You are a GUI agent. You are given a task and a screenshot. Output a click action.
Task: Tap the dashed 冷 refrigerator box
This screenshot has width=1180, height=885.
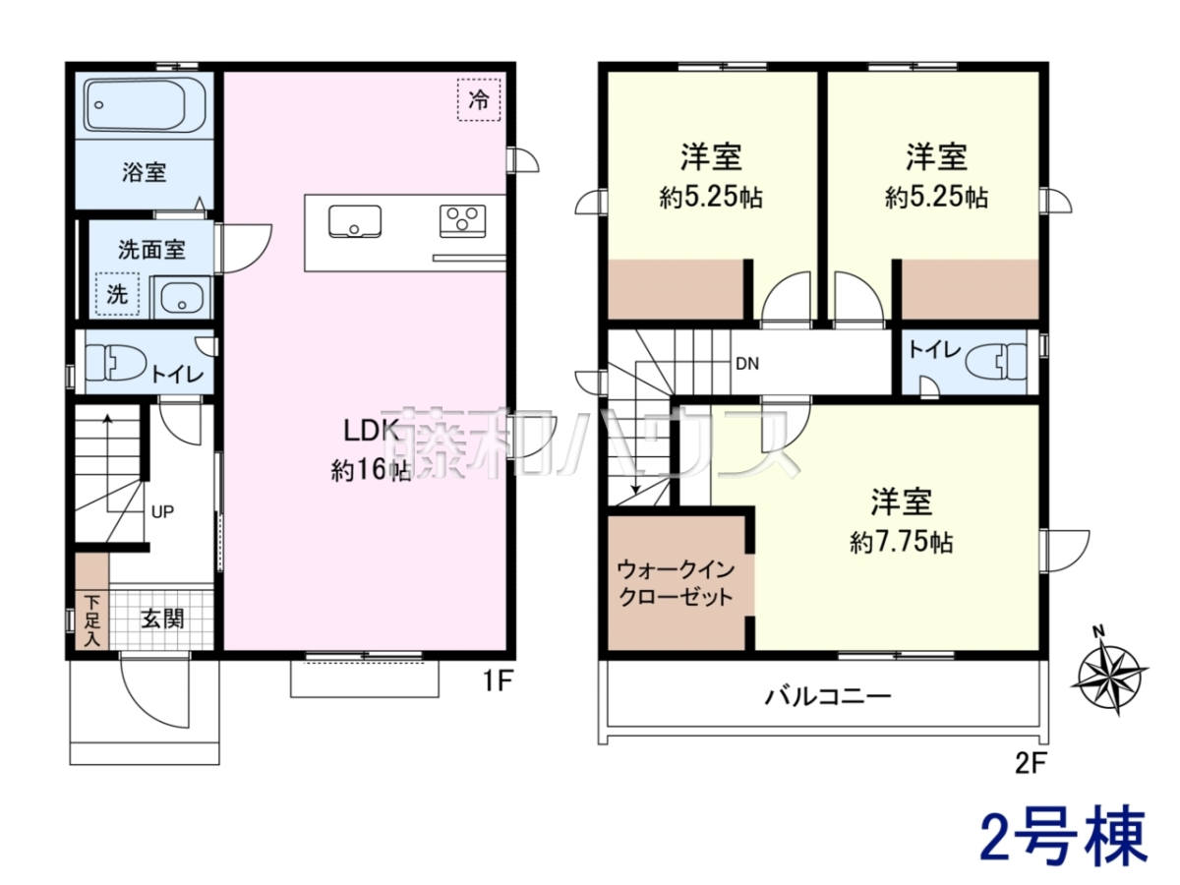pos(479,100)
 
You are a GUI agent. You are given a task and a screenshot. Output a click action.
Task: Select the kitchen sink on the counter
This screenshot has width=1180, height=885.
pos(355,221)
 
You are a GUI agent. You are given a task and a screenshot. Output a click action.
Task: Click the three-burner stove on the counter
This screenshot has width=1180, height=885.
pos(462,221)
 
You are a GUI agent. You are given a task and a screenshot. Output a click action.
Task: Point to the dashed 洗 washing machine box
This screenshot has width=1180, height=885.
pos(117,294)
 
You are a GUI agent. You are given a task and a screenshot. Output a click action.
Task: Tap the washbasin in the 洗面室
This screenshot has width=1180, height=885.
pos(182,297)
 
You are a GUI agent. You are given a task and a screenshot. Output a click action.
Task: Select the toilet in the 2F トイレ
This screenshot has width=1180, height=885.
pos(995,362)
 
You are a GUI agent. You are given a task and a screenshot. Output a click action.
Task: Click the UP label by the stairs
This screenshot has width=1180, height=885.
pos(162,512)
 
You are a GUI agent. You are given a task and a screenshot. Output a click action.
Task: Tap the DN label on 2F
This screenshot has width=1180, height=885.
pos(747,364)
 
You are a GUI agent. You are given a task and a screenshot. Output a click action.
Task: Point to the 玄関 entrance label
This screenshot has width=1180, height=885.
pos(162,619)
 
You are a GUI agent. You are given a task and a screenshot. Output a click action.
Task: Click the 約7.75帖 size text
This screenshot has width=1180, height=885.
pos(901,543)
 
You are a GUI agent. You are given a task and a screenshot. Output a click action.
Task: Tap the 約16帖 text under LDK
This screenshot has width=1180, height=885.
pos(371,471)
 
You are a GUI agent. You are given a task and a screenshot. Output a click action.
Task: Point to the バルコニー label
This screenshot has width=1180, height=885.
pos(828,697)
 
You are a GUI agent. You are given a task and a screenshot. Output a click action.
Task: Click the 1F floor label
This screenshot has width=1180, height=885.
pos(496,681)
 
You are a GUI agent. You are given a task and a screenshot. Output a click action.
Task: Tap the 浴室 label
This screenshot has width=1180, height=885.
pos(145,172)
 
